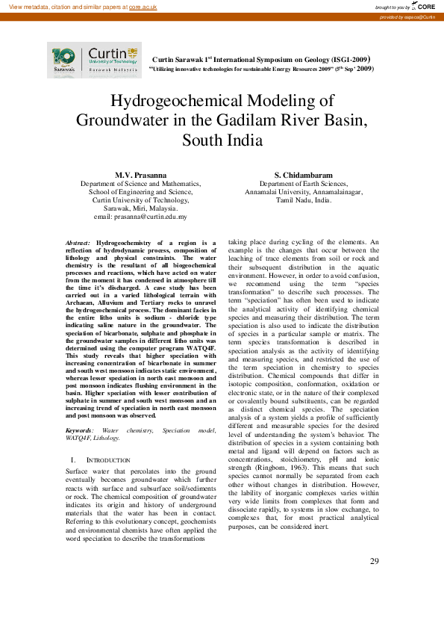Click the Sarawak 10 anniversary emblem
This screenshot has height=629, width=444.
tap(65, 60)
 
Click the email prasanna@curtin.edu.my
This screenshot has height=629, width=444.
tap(150, 217)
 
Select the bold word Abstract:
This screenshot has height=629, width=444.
tap(78, 243)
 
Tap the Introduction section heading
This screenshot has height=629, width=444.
tap(107, 459)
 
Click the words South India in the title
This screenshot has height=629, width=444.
tap(222, 140)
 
